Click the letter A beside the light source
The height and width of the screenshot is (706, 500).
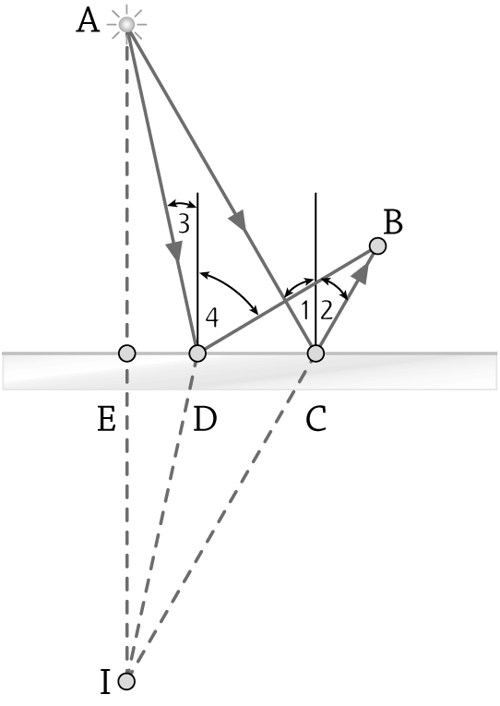click(88, 21)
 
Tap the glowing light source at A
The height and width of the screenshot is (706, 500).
click(127, 24)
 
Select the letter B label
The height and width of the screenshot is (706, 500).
click(392, 222)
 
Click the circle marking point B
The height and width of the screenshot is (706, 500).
click(377, 245)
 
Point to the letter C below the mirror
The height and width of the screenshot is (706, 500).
click(315, 419)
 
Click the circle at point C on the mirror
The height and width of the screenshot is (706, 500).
click(315, 353)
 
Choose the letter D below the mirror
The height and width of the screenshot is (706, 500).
click(205, 419)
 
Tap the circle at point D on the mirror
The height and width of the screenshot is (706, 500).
click(197, 353)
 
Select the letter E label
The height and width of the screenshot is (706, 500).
click(106, 419)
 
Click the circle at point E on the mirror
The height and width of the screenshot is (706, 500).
click(127, 353)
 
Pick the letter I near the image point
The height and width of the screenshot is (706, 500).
click(104, 682)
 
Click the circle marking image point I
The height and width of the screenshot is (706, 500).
click(127, 681)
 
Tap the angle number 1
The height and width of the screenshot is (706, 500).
click(305, 311)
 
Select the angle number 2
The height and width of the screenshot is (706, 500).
click(327, 311)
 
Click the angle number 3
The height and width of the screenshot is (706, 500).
click(184, 223)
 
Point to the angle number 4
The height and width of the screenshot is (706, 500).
click(212, 318)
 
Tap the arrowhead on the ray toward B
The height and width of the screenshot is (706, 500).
click(363, 273)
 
